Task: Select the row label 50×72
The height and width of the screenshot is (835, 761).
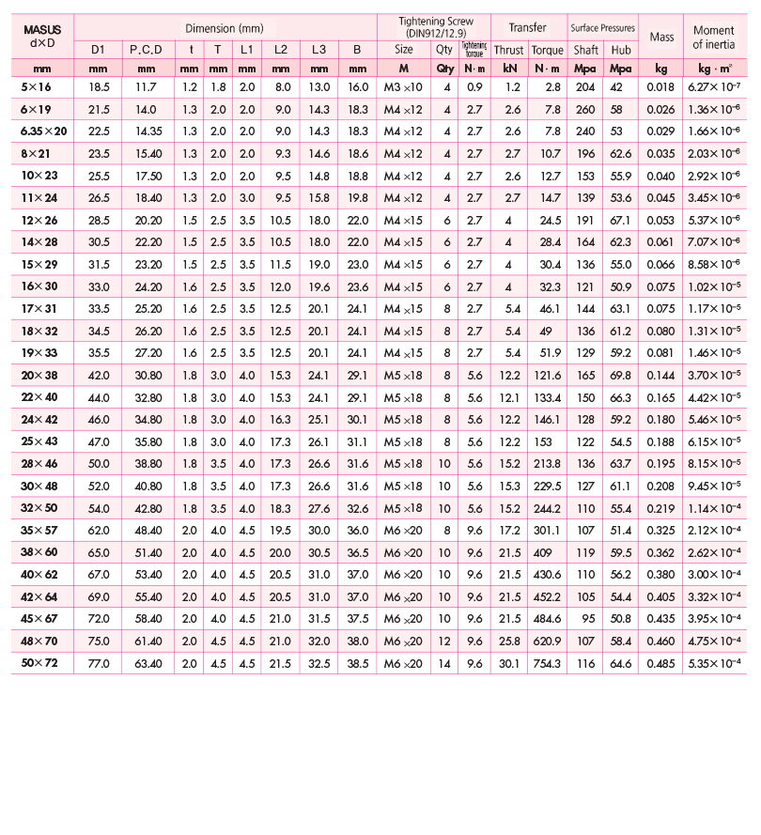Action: (40, 663)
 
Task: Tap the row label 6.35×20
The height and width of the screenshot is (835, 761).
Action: (40, 131)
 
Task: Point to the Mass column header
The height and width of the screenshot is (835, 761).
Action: (661, 37)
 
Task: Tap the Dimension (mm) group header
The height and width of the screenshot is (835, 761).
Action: (225, 28)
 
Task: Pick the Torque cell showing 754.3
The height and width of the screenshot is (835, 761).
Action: (546, 663)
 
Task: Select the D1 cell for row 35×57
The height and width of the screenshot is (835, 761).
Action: (99, 531)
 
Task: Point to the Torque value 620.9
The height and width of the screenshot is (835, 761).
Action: (546, 642)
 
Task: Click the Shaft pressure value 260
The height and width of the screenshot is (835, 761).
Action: (586, 109)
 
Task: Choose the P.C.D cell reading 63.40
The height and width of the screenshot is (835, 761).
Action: (146, 663)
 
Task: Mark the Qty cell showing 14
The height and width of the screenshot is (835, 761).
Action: (444, 663)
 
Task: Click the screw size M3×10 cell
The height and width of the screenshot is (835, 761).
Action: (403, 86)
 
